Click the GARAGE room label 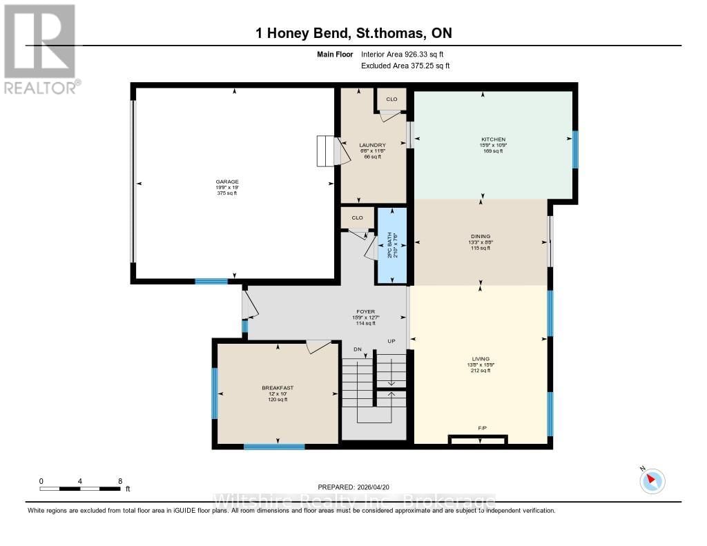tap(226, 182)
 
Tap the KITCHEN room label tap(493, 139)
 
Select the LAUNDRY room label tap(372, 145)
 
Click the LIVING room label tap(481, 359)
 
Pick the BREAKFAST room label tap(278, 388)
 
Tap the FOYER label tap(366, 312)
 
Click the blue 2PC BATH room tap(391, 245)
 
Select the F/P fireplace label tap(483, 429)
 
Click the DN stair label tap(358, 349)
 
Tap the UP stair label tap(390, 342)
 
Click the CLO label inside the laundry tap(391, 99)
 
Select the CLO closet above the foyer tap(357, 218)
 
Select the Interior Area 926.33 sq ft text tap(405, 55)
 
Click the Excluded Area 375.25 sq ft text tap(405, 66)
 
